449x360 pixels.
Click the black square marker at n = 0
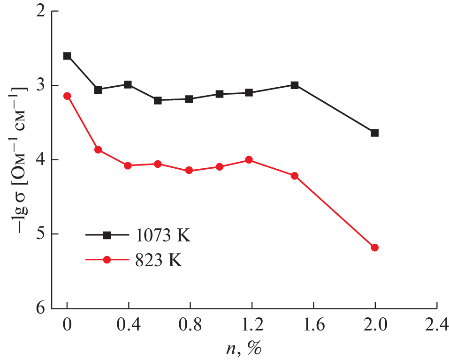67,56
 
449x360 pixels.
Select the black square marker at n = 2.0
374,133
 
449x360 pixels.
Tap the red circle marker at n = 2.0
374,247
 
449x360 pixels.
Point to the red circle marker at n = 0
67,96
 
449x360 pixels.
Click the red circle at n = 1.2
249,160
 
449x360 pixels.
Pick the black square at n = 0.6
158,100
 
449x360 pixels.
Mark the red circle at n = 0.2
98,150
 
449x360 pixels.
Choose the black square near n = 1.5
295,85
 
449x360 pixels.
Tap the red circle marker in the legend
107,260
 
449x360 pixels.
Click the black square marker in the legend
107,235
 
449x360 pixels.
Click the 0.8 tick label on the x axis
190,324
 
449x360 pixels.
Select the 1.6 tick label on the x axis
313,324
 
